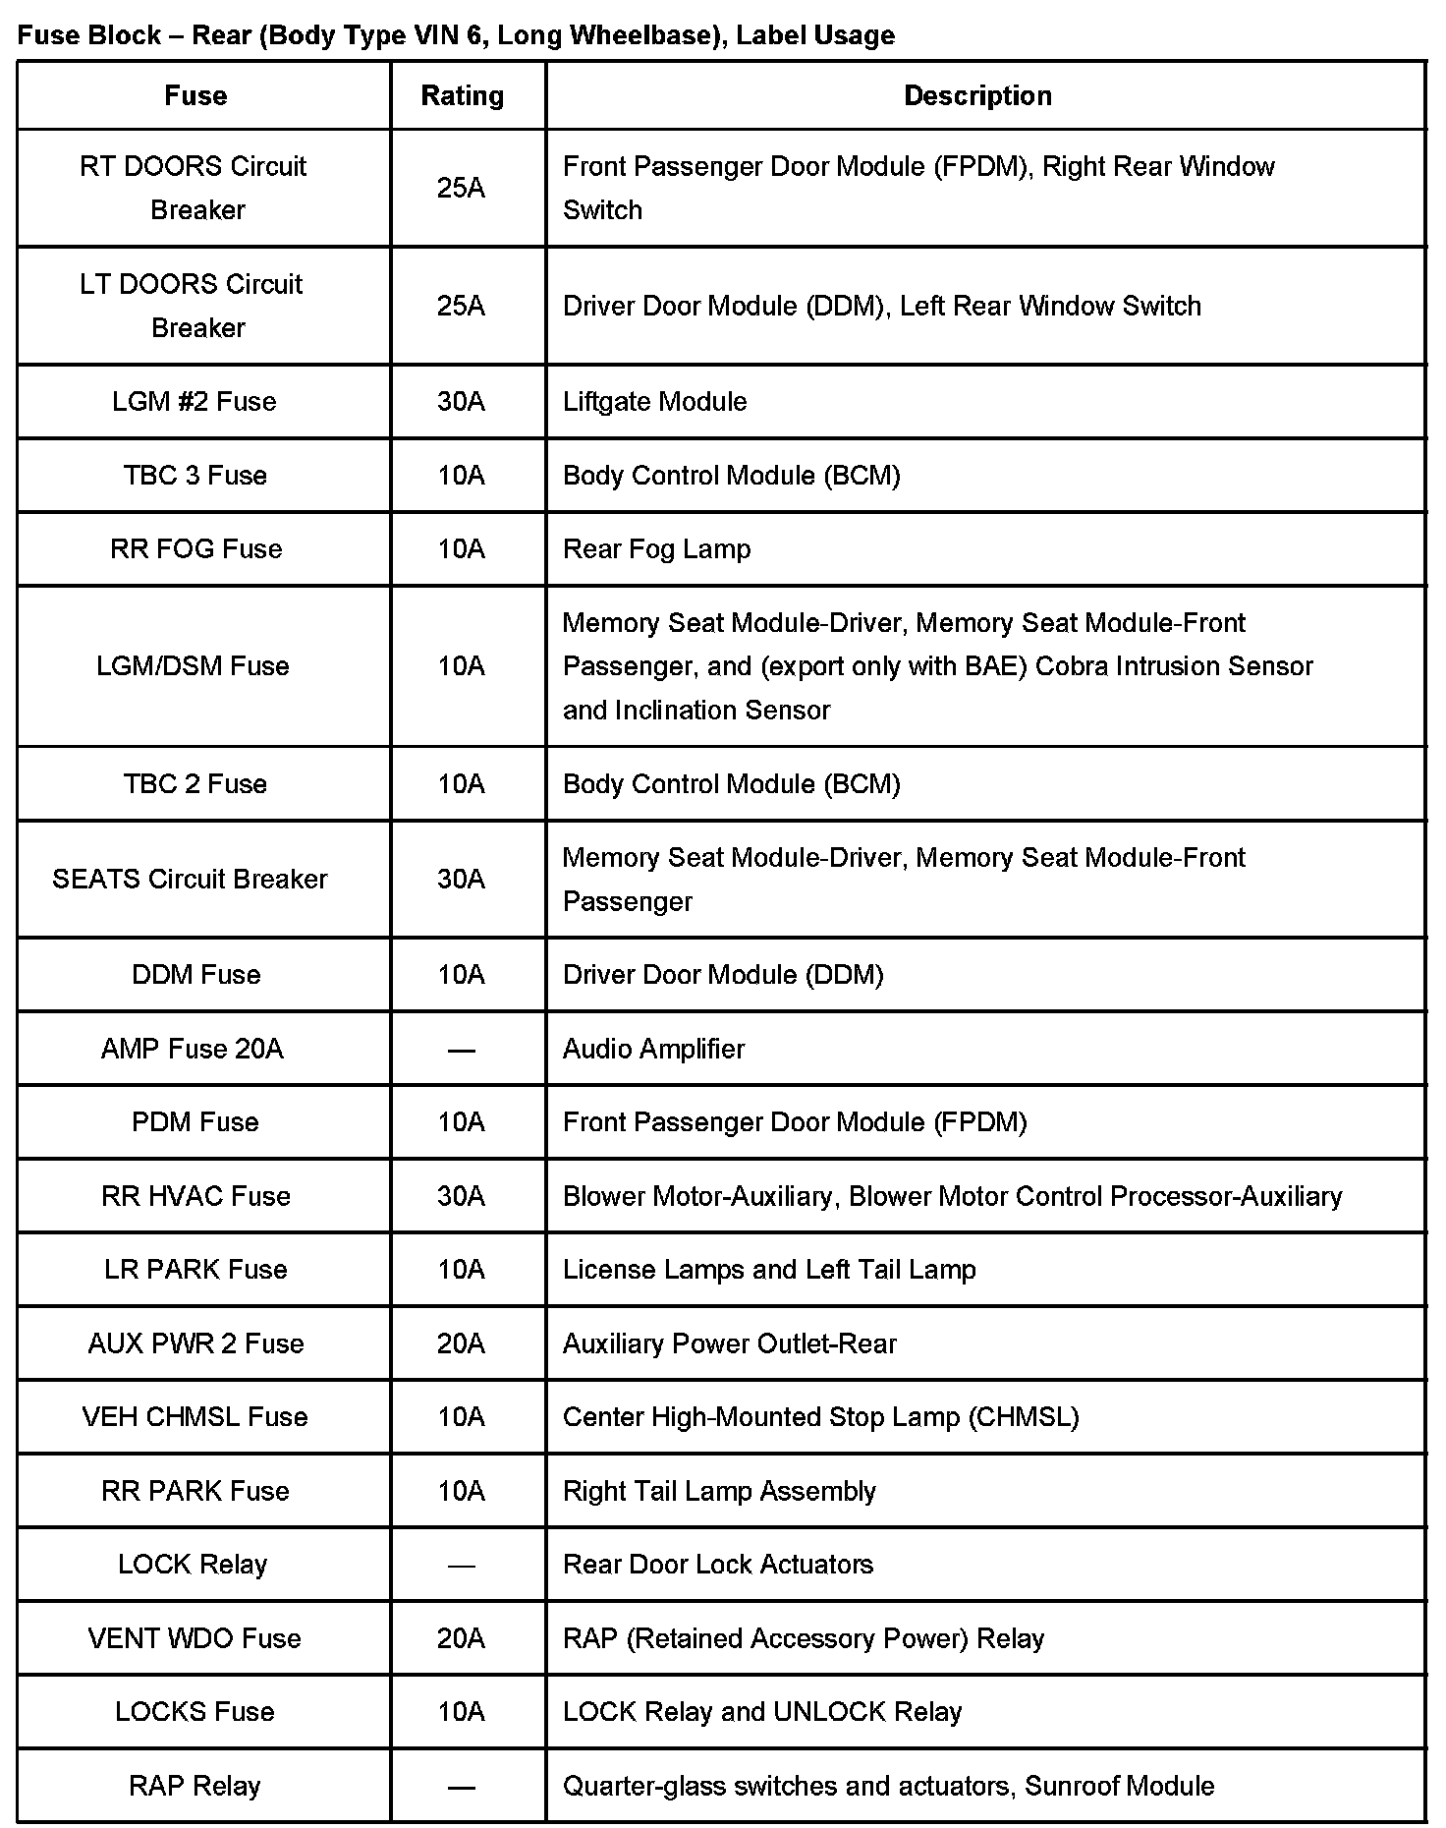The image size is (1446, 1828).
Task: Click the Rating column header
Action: coord(462,95)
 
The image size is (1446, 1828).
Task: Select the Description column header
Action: coord(977,95)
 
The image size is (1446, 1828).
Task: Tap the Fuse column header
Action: coord(195,95)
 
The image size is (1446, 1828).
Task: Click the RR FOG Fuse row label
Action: coord(195,548)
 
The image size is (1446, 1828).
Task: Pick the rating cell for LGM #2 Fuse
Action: coord(462,401)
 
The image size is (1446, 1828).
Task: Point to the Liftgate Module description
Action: coord(654,401)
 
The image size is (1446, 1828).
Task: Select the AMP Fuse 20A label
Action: coord(193,1049)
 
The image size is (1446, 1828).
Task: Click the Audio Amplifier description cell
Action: coord(653,1049)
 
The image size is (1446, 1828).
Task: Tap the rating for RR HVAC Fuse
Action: coord(462,1196)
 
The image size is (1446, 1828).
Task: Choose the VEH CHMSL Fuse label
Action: coord(195,1416)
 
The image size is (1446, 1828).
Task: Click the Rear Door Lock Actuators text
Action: coord(717,1564)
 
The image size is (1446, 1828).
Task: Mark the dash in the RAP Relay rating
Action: coord(462,1787)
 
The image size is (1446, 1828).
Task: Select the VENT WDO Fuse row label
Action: coord(195,1638)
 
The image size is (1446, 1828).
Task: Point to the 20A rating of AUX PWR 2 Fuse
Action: coord(462,1343)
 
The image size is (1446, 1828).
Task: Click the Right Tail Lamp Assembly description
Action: coord(719,1491)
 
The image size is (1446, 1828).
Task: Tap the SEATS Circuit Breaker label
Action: coord(190,879)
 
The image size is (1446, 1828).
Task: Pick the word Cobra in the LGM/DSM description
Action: coord(1073,666)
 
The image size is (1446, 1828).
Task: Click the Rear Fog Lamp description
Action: coord(656,548)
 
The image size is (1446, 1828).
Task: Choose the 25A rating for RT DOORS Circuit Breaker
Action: coord(462,188)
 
